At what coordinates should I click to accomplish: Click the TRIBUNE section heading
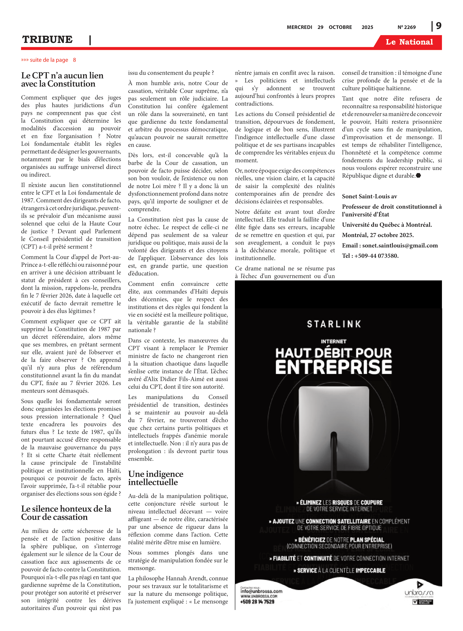[x=47, y=40]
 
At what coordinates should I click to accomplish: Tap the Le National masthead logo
[x=409, y=42]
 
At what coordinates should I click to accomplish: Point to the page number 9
[x=438, y=26]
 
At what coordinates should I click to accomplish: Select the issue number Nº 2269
[x=406, y=27]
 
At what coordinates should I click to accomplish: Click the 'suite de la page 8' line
[x=48, y=60]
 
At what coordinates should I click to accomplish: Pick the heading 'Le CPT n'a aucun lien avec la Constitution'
[x=62, y=80]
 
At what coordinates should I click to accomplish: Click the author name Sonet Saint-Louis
[x=369, y=196]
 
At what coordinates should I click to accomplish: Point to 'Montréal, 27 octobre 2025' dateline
[x=378, y=235]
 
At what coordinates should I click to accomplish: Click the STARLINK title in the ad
[x=334, y=324]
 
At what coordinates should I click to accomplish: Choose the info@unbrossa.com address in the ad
[x=261, y=591]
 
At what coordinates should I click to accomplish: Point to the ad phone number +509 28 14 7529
[x=257, y=602]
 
